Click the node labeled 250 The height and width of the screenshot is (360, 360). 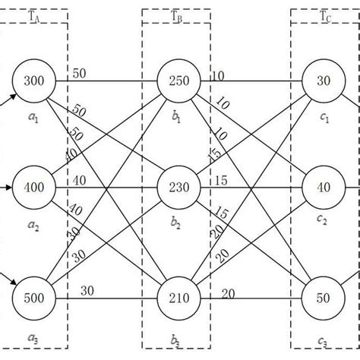[x=178, y=80]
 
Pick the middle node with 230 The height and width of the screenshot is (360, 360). [x=178, y=187]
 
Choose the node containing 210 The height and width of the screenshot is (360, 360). [x=178, y=295]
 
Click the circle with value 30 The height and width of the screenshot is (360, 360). [x=323, y=80]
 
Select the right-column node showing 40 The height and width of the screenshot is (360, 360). [x=323, y=187]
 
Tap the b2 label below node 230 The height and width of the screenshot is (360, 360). [x=177, y=226]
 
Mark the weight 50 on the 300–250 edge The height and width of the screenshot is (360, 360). [x=80, y=73]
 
